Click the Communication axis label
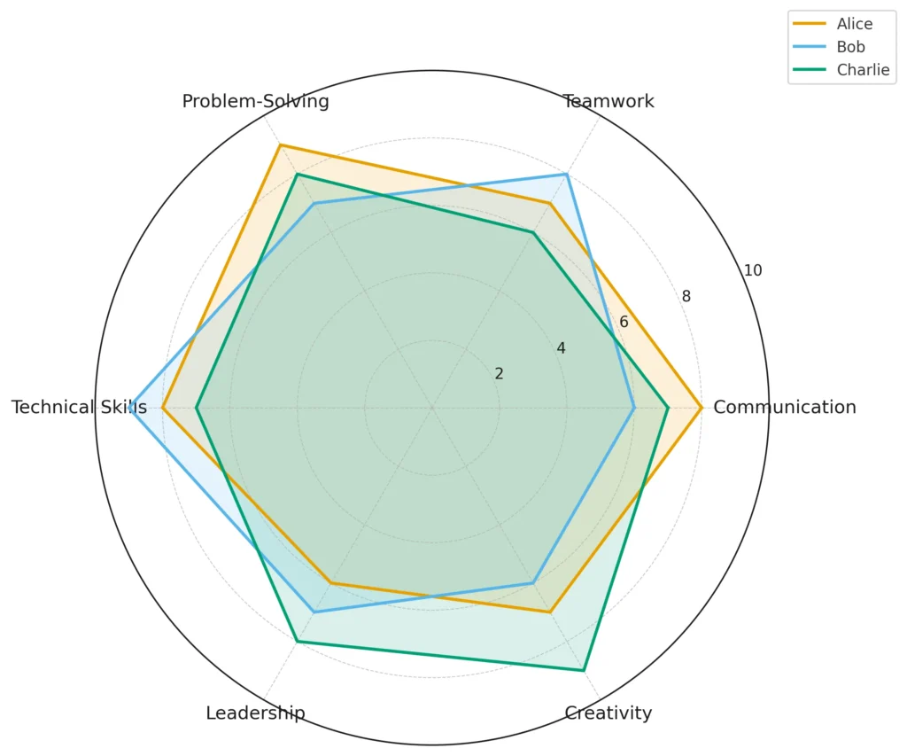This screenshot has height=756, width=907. point(784,408)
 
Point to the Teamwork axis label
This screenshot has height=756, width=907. point(609,101)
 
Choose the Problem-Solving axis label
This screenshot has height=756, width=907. point(255,101)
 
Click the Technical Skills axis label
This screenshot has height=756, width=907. point(79,408)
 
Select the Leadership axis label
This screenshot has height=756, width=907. point(255,713)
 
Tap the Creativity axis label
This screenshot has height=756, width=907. point(609,713)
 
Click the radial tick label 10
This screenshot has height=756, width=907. point(753,271)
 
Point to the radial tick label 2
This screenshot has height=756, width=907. point(499,374)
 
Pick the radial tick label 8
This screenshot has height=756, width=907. point(686,297)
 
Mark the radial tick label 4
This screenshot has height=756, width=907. point(561,348)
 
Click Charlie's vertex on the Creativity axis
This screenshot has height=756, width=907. point(584,671)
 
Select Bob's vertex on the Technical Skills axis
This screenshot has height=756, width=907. point(129,408)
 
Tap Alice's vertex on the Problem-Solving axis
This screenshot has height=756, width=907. point(280,144)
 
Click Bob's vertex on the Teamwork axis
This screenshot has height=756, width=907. point(567,175)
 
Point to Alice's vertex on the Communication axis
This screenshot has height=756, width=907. point(702,408)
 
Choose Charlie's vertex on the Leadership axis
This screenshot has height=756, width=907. point(298,642)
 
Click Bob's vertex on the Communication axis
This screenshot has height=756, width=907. point(634,408)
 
